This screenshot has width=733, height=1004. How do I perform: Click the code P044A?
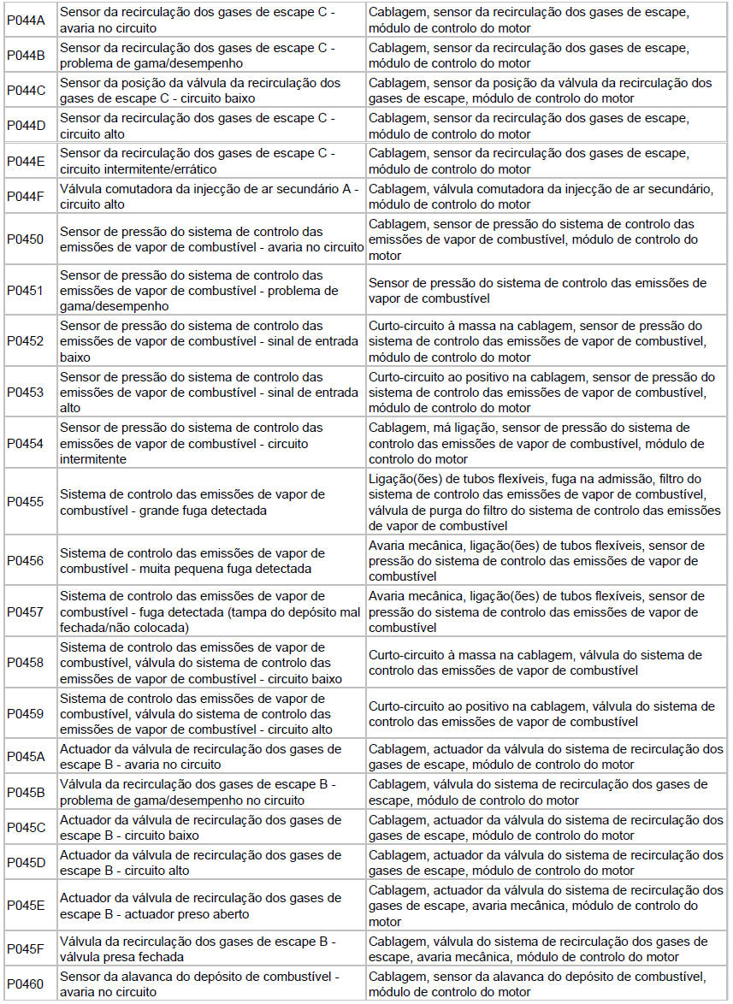[x=25, y=21]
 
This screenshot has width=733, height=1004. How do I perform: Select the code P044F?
[x=25, y=197]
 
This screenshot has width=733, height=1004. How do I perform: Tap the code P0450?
[x=25, y=240]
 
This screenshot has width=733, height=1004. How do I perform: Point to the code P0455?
[x=25, y=502]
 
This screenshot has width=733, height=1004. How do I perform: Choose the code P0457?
[x=25, y=611]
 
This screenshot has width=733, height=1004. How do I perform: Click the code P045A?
[x=26, y=757]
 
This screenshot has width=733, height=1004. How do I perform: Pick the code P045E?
[x=26, y=907]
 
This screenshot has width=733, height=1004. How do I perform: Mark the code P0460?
[x=25, y=984]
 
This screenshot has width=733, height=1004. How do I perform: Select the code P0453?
[x=25, y=393]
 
